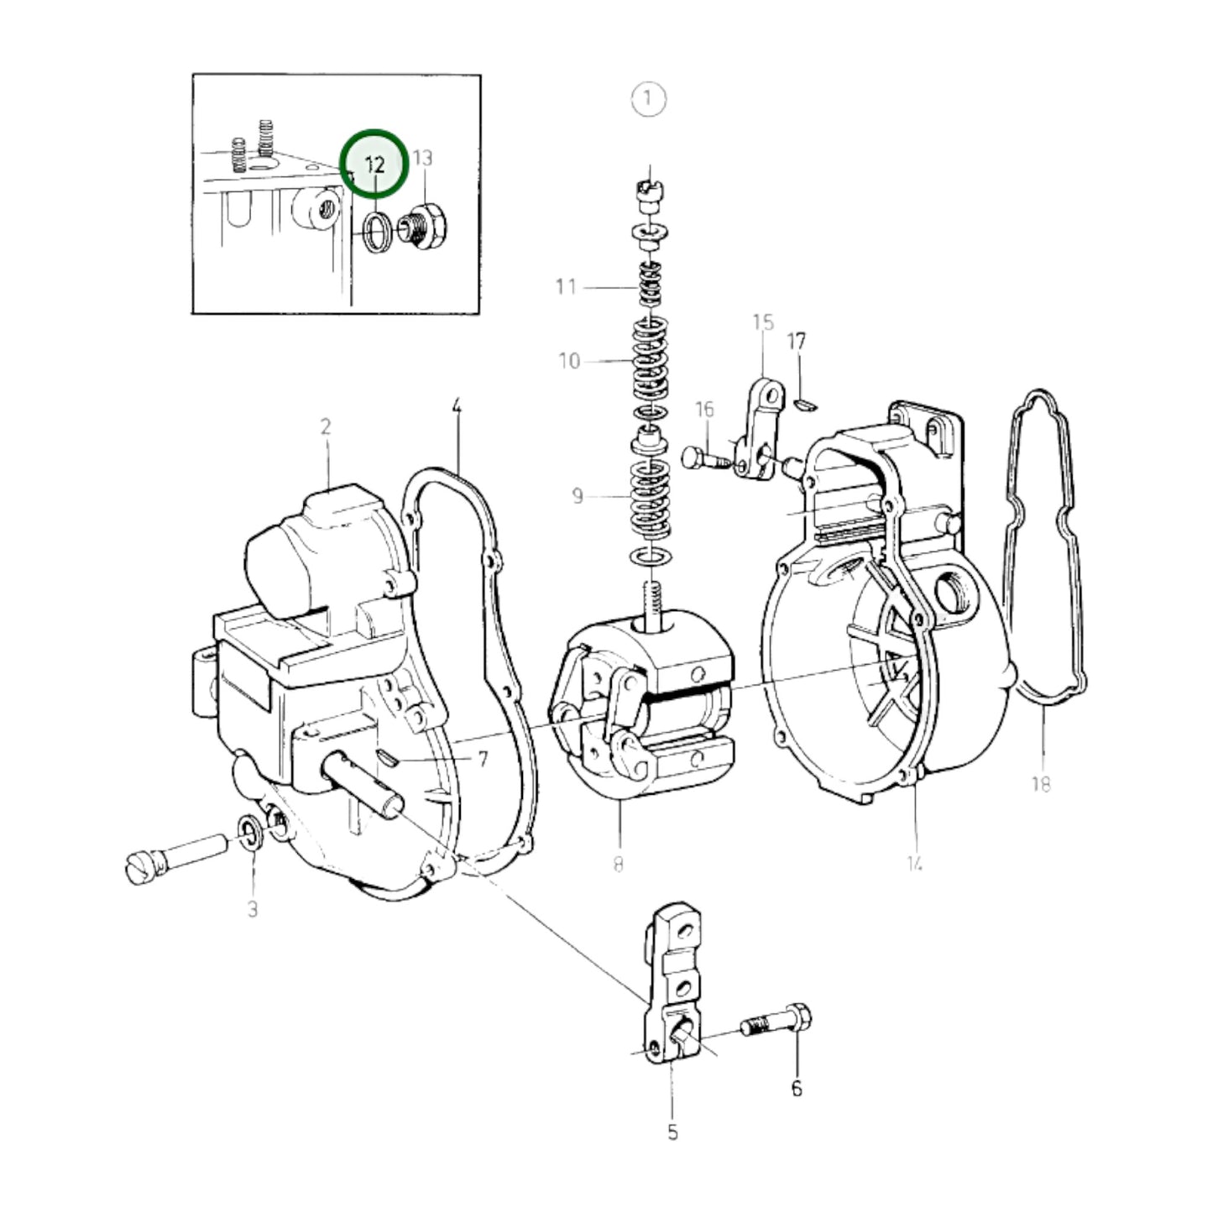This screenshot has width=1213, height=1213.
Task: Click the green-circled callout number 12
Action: point(374,164)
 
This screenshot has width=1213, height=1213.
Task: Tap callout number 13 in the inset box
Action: point(422,158)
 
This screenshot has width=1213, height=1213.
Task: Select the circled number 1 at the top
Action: point(648,98)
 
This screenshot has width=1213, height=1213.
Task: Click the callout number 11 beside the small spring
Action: point(566,287)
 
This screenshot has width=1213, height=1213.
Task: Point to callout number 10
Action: point(569,361)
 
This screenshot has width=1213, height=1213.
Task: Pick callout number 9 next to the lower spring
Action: point(578,496)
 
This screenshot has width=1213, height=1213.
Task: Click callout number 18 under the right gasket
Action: point(1040,784)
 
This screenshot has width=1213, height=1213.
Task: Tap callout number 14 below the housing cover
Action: point(914,863)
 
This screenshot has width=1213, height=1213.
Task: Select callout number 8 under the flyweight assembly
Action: point(618,864)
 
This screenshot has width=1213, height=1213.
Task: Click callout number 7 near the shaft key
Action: point(483,760)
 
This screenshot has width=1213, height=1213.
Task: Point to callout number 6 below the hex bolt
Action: point(796,1089)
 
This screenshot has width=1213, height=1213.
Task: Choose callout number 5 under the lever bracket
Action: point(672,1132)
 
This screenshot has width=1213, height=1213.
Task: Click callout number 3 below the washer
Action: point(253,909)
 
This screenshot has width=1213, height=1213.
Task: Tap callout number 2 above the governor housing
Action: point(326,426)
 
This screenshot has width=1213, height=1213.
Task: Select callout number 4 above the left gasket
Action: point(457,407)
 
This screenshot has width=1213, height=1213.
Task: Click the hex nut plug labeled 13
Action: point(426,226)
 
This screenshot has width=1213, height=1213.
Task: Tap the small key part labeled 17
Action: point(803,405)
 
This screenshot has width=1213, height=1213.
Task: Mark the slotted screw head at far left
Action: point(139,867)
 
